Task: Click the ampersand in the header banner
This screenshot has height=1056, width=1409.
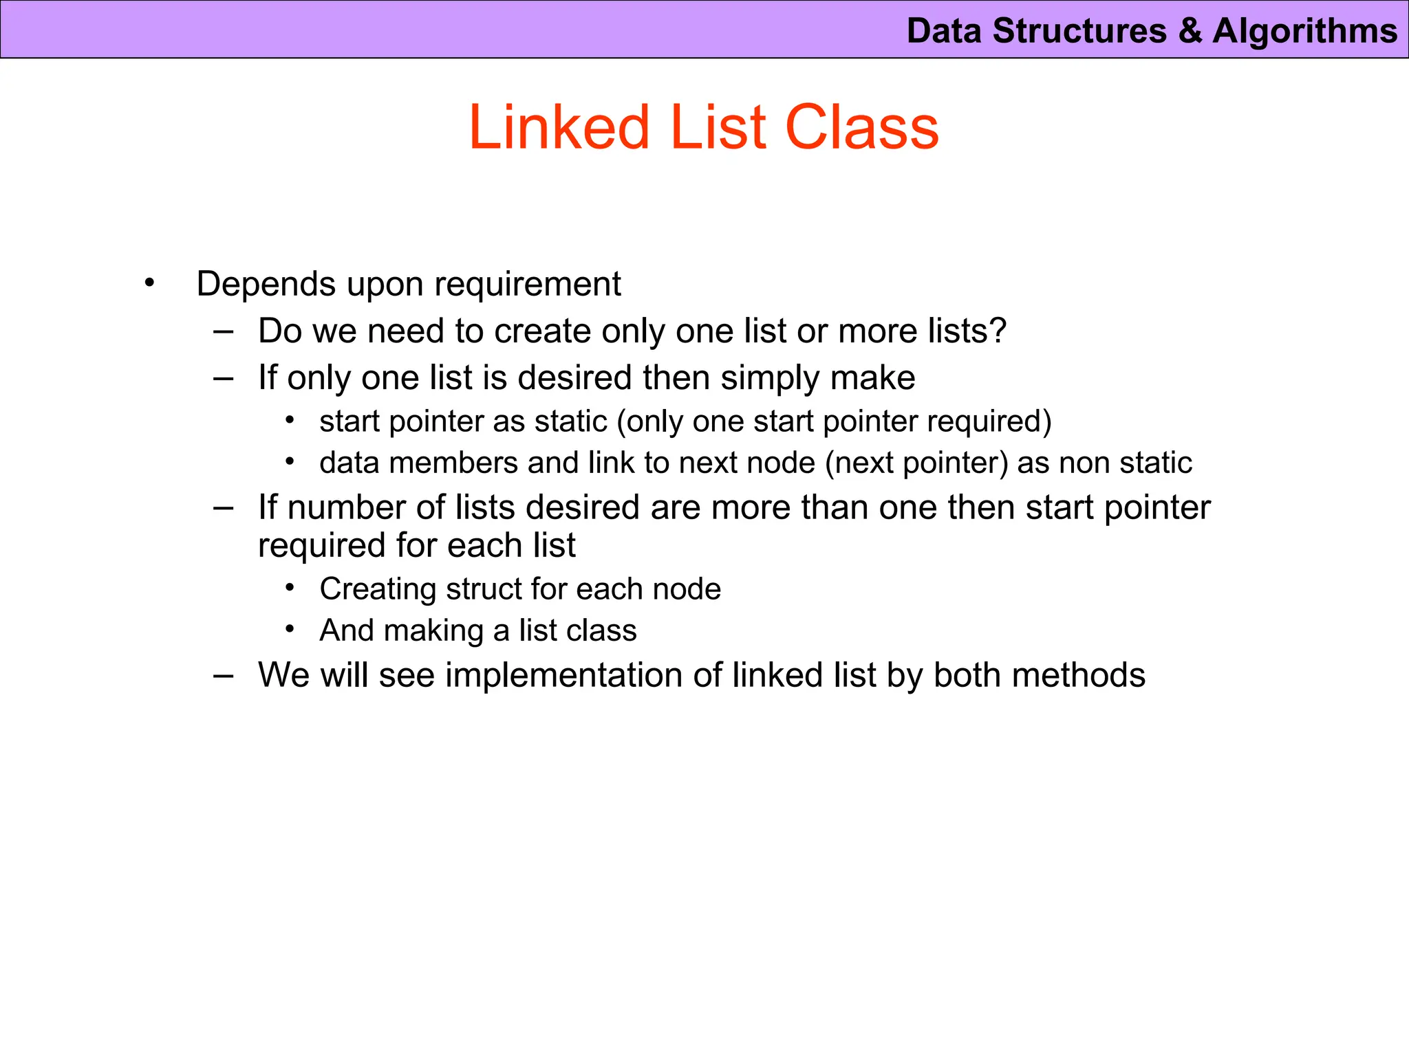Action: (x=1189, y=32)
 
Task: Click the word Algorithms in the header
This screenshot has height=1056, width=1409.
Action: (x=1304, y=32)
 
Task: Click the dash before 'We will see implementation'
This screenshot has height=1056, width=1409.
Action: (x=223, y=675)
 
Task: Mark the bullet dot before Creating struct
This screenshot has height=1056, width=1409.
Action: (x=291, y=588)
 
